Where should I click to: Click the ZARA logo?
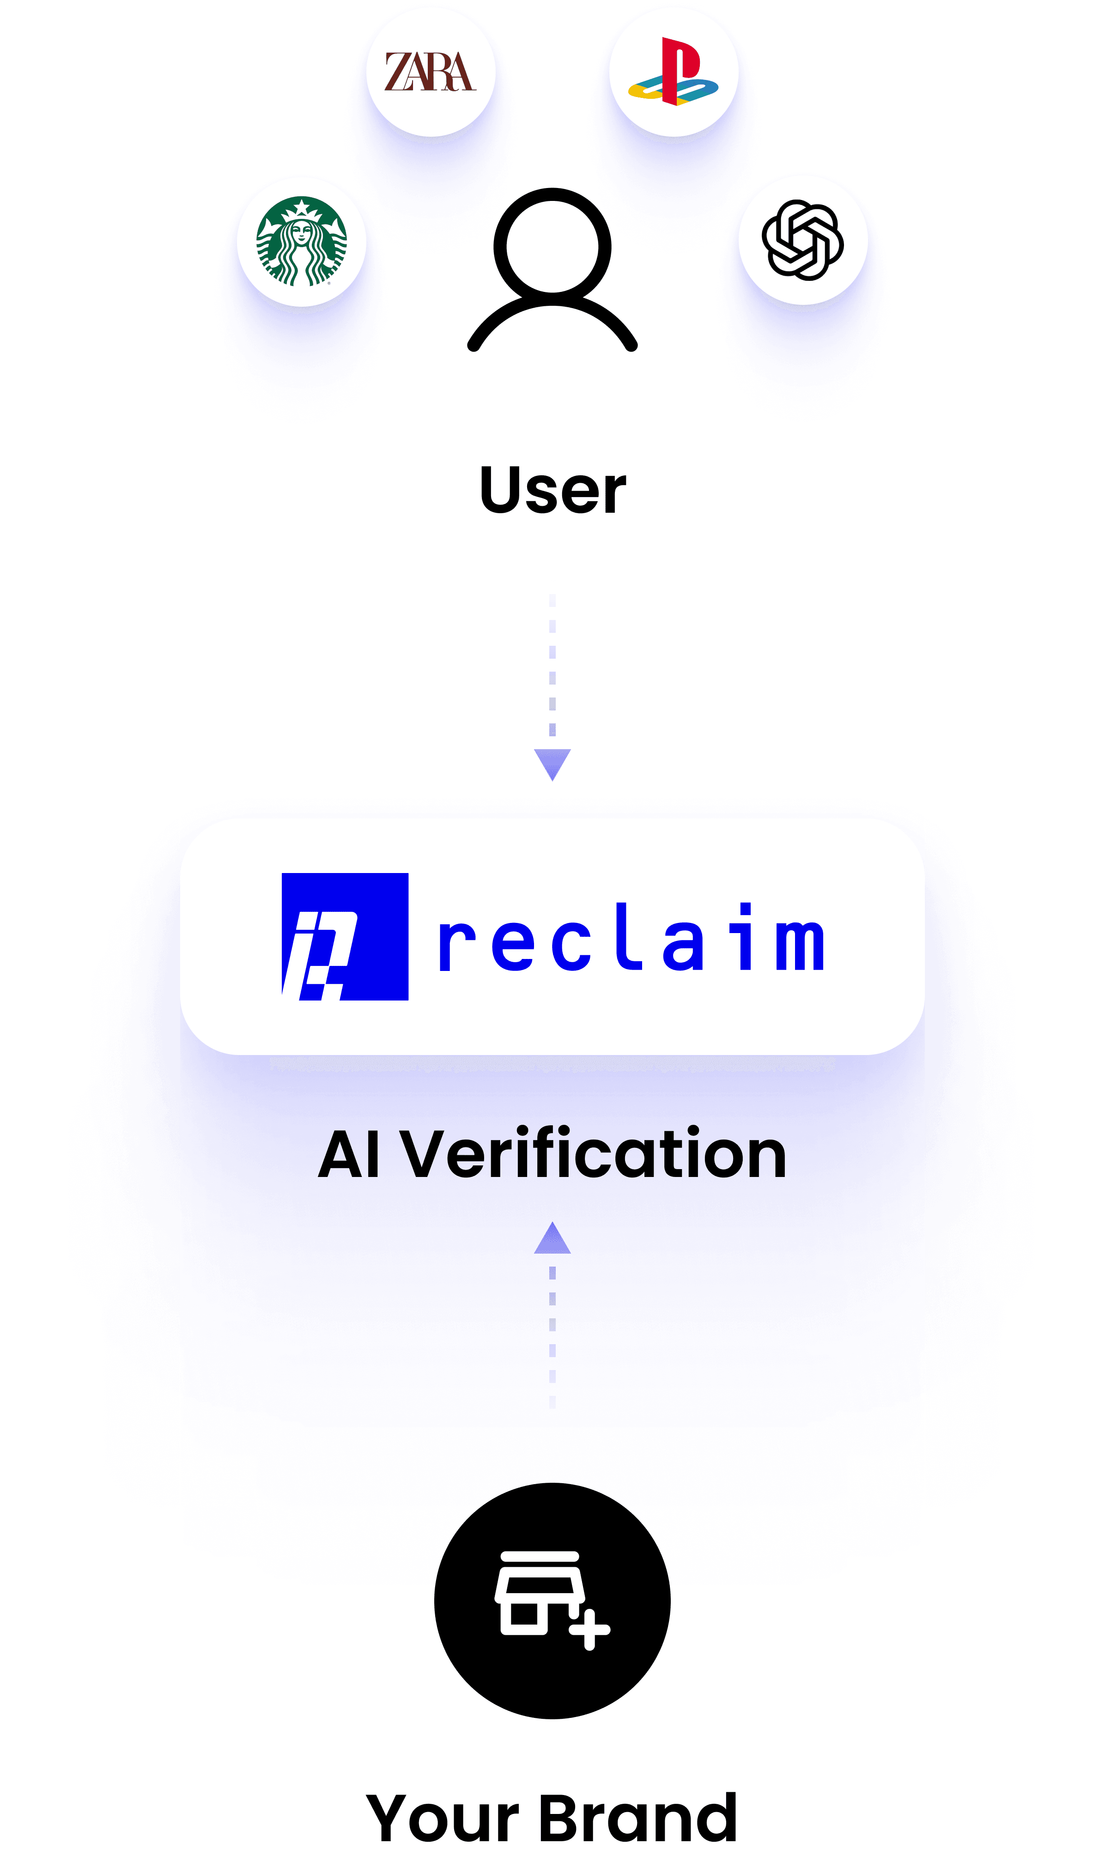pyautogui.click(x=431, y=72)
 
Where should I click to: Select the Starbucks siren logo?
pyautogui.click(x=302, y=241)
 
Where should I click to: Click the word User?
pyautogui.click(x=552, y=490)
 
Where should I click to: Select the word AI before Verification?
pyautogui.click(x=350, y=1155)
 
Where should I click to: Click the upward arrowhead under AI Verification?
pyautogui.click(x=552, y=1240)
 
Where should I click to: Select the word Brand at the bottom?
pyautogui.click(x=637, y=1818)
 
